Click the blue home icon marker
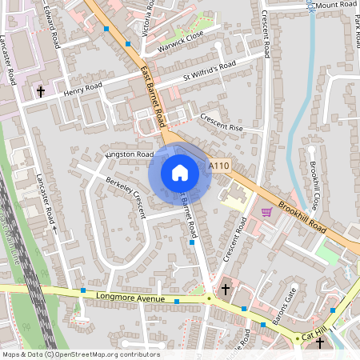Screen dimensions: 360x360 pos(180,172)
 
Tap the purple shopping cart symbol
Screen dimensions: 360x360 pos(266,211)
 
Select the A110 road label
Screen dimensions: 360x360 pos(219,166)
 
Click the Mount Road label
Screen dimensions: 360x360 pos(336,5)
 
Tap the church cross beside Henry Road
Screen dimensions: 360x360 pos(40,92)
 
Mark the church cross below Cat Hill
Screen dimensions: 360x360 pos(319,344)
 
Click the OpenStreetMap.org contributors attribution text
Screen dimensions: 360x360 pos(107,354)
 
